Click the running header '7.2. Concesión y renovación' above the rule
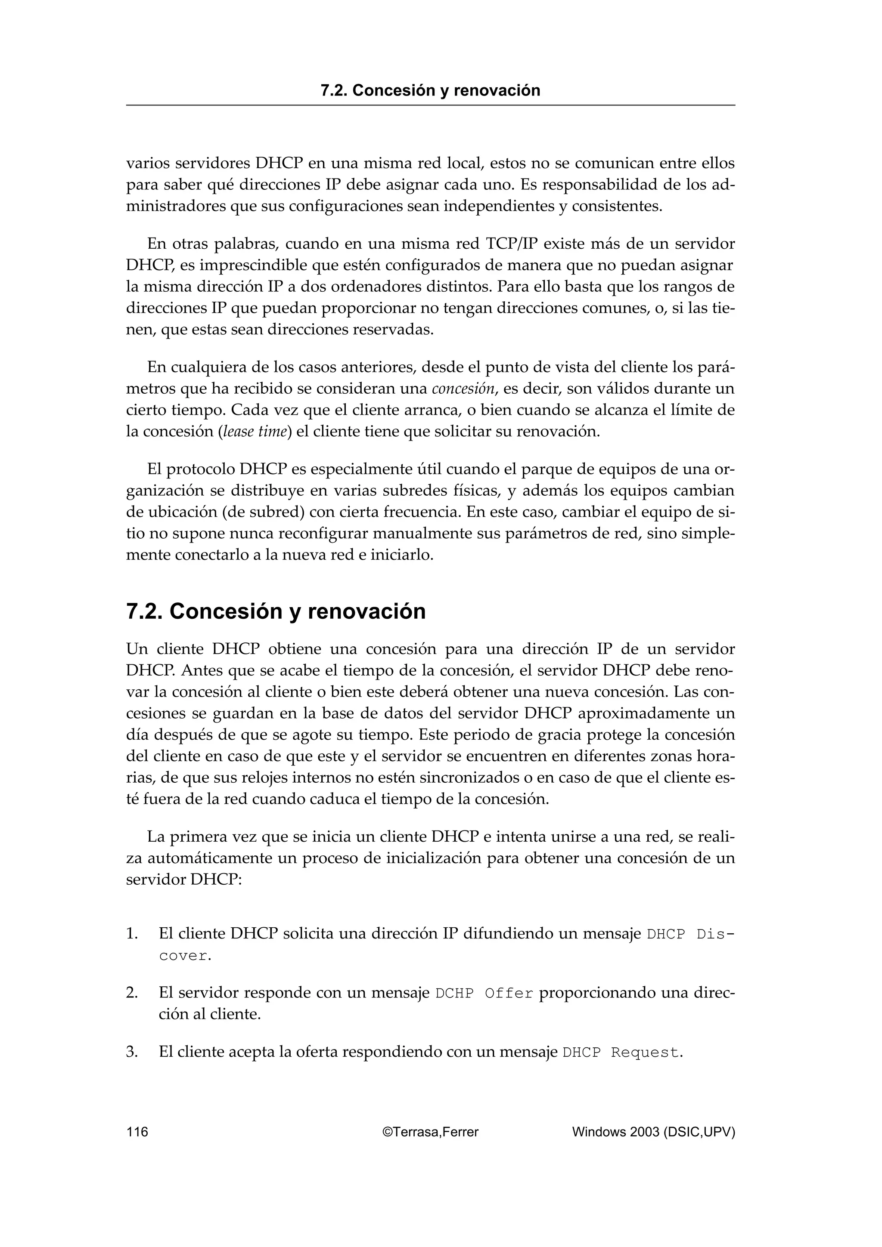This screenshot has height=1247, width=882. coord(430,90)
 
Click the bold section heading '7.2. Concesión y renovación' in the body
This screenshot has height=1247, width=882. coord(276,611)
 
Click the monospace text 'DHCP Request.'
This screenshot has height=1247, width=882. coord(622,1053)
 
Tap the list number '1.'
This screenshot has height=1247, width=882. coord(132,934)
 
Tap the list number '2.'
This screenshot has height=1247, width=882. coord(132,993)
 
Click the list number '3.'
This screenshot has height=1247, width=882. coord(132,1052)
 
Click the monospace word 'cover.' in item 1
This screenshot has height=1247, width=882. coord(185,956)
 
